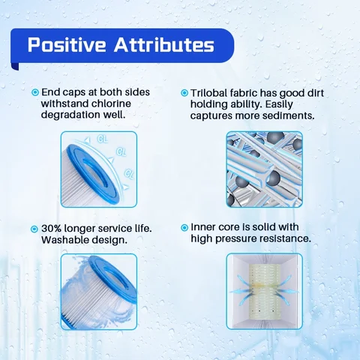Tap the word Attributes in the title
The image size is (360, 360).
[x=162, y=45]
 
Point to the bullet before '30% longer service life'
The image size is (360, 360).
[x=35, y=228]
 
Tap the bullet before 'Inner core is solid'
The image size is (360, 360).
[x=184, y=228]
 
